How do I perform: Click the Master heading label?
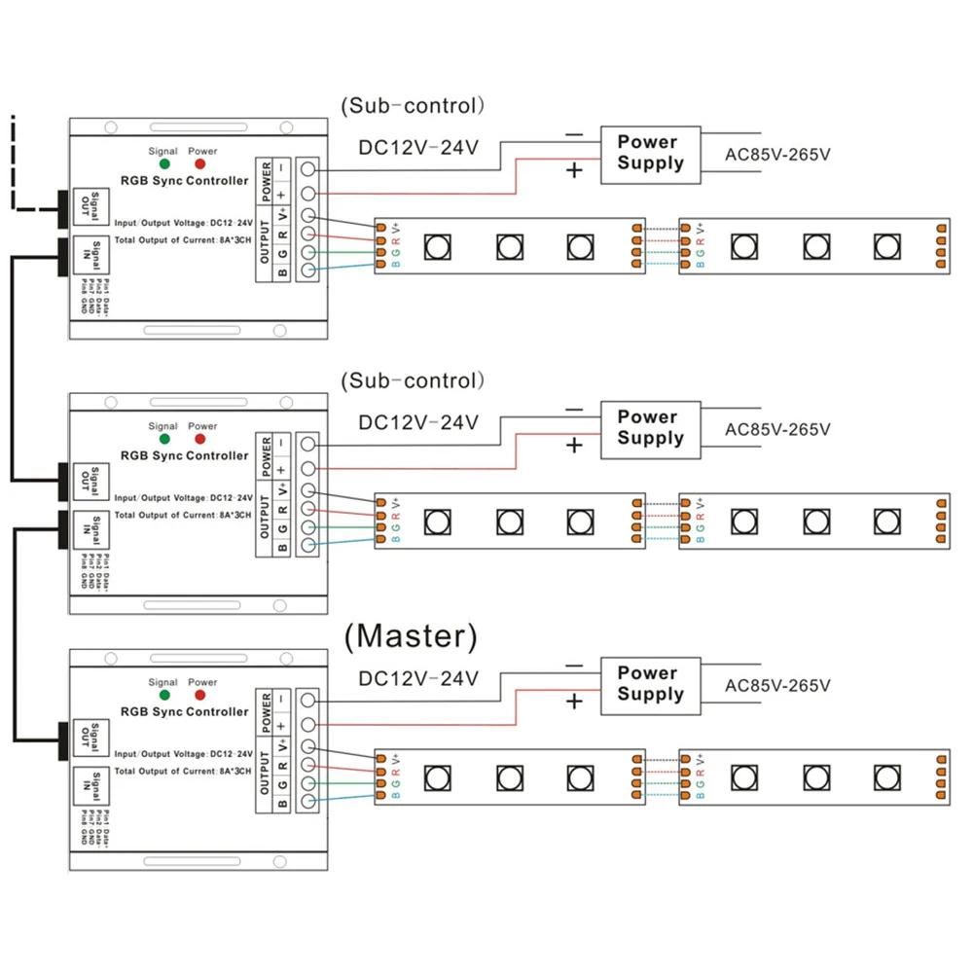tap(412, 636)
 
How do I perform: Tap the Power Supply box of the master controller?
tap(650, 683)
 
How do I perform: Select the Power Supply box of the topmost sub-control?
tap(650, 153)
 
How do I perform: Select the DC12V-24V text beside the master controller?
tap(418, 678)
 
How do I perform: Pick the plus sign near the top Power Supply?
tap(574, 171)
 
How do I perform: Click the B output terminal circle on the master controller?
tap(308, 802)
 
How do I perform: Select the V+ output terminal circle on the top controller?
tap(308, 216)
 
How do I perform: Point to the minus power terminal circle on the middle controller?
tap(308, 444)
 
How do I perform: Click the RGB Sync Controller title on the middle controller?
tap(184, 455)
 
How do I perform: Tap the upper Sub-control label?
tap(413, 106)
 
